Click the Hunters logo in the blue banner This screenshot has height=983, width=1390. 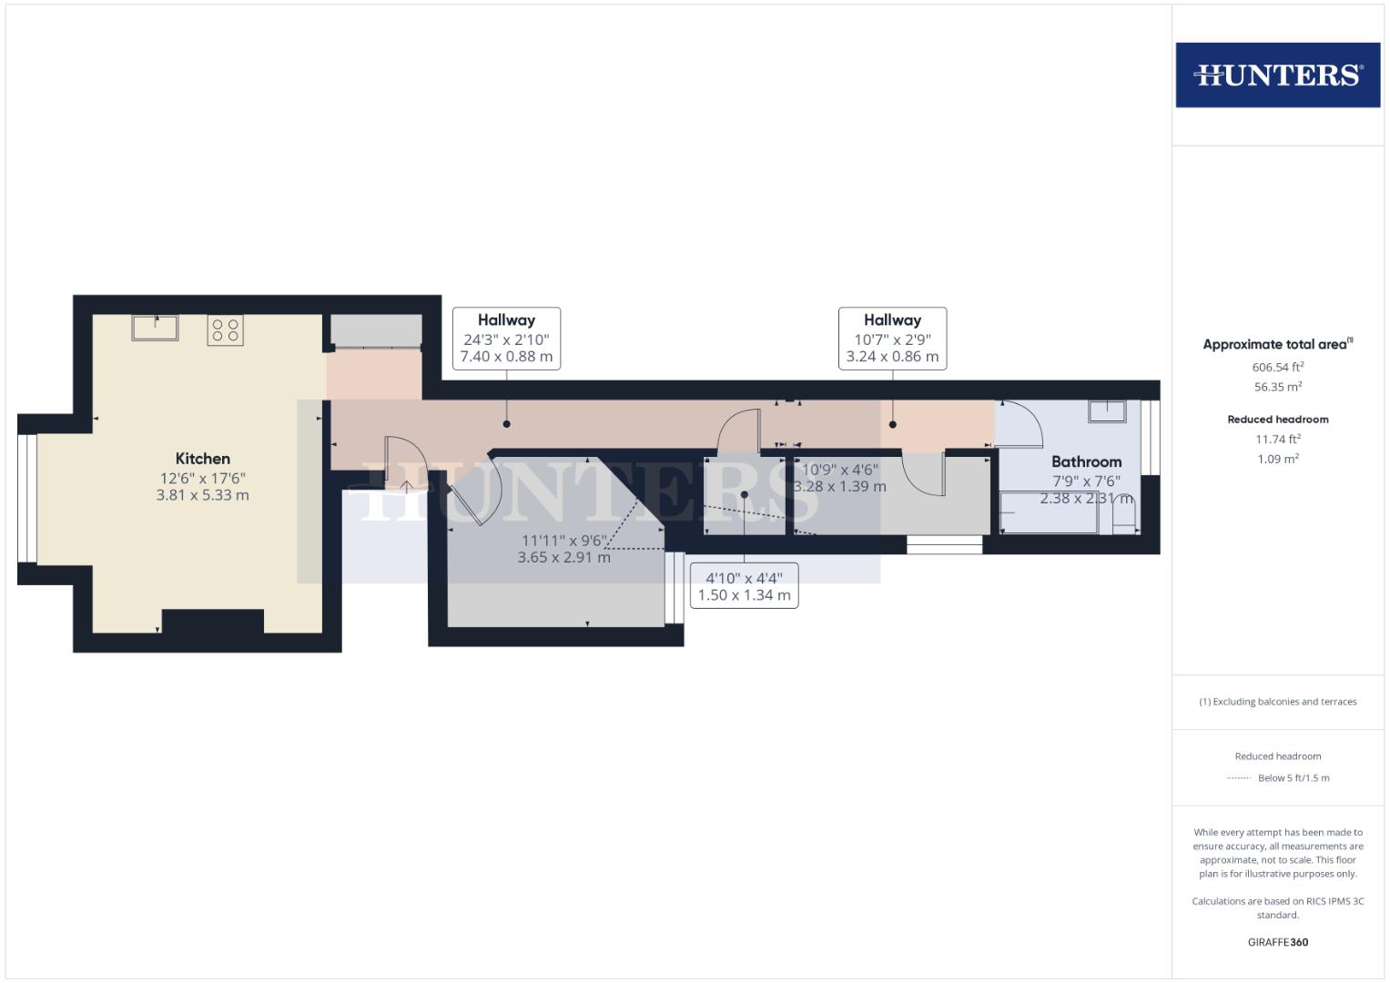(1278, 75)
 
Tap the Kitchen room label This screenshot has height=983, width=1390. (202, 459)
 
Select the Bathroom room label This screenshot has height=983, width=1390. (1086, 461)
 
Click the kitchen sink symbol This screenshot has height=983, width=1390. (155, 328)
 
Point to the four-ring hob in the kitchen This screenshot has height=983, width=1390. (225, 330)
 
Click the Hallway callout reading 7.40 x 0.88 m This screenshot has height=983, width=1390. (506, 339)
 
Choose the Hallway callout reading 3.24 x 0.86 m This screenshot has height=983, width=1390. (892, 339)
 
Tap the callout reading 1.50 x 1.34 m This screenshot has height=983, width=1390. (744, 586)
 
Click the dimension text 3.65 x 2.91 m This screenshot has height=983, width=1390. (564, 557)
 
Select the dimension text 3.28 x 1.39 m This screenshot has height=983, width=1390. (840, 487)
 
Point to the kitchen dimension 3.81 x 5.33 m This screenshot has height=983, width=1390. (202, 495)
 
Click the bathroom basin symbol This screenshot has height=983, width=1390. (1107, 411)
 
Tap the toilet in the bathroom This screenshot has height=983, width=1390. (1124, 518)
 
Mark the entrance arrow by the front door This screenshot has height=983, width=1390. (407, 487)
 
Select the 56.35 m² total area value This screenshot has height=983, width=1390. (1278, 387)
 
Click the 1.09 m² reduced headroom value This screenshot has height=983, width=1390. (1278, 459)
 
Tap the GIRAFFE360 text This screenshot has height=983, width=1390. (1278, 942)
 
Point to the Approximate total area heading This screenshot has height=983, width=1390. (1278, 344)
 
